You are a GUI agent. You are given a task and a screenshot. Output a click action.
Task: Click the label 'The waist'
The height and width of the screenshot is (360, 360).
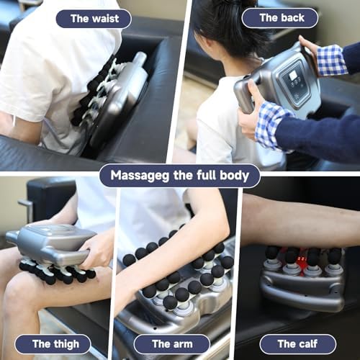pyautogui.click(x=94, y=19)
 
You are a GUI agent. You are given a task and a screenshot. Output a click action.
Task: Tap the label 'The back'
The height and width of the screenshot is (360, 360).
pyautogui.click(x=282, y=18)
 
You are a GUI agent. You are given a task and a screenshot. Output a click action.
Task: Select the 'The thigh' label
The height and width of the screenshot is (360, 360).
pyautogui.click(x=55, y=344)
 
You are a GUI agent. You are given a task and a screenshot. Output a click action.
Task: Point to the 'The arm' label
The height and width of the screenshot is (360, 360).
pyautogui.click(x=172, y=344)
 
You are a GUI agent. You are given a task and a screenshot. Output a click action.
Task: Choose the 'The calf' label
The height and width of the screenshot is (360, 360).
pyautogui.click(x=297, y=343)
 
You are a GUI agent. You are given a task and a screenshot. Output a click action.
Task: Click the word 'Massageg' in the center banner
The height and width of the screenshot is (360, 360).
pyautogui.click(x=140, y=176)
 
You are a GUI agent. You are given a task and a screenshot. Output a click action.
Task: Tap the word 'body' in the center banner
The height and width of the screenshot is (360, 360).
pyautogui.click(x=234, y=175)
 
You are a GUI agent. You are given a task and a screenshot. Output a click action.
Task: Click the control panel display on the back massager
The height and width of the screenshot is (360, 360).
pyautogui.click(x=292, y=76)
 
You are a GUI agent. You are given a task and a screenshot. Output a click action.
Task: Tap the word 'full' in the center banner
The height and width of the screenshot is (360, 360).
pyautogui.click(x=206, y=175)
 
